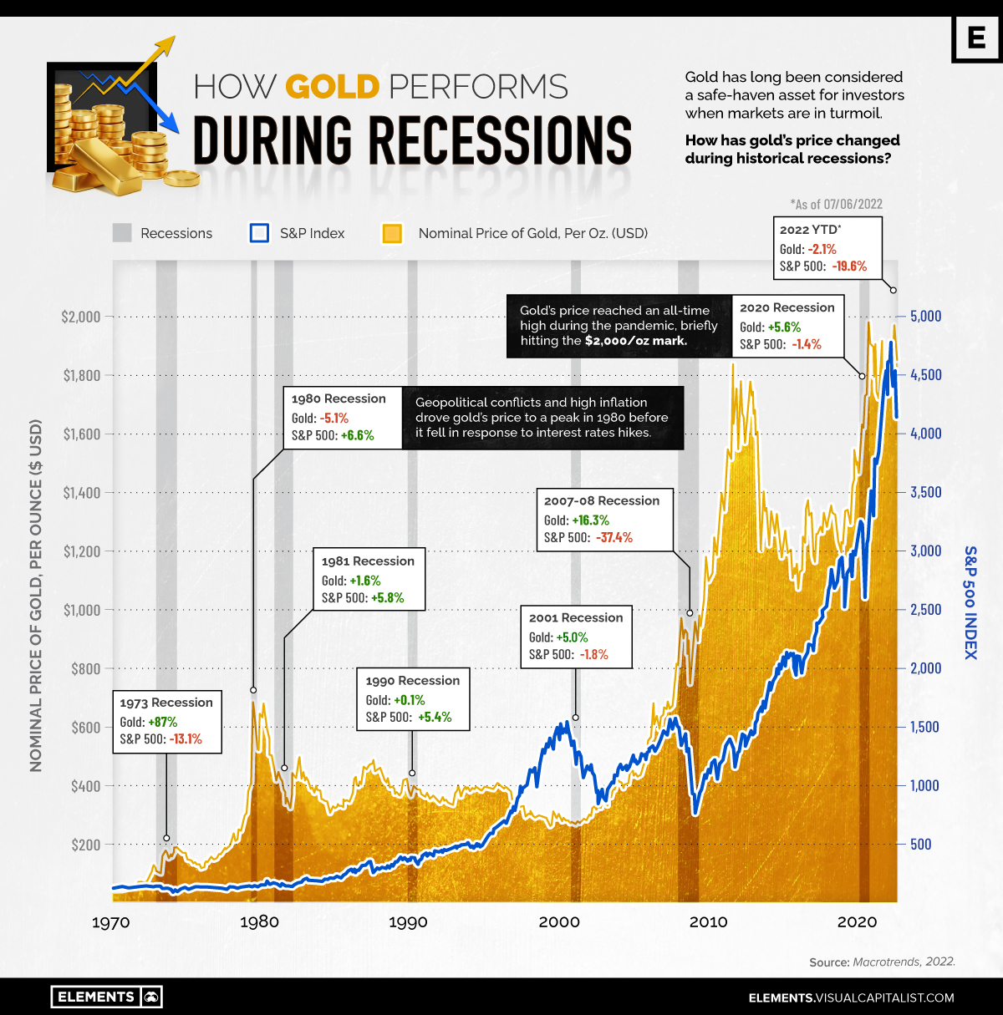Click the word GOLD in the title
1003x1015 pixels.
tap(332, 87)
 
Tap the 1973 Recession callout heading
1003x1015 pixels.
tap(166, 703)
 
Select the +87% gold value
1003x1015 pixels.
tap(163, 722)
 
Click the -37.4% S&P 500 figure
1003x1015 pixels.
tap(614, 537)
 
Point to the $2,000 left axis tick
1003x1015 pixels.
tap(81, 317)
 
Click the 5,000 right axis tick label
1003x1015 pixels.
tap(925, 316)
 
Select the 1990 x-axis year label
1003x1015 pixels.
tap(408, 922)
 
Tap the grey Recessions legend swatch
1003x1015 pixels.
tap(122, 233)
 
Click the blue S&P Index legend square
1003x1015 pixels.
tap(259, 233)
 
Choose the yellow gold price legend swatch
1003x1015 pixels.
tap(392, 233)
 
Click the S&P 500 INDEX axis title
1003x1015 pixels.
tap(970, 602)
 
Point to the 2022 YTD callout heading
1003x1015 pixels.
tap(810, 230)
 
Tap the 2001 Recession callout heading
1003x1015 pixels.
tap(576, 617)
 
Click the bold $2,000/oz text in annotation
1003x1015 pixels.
tap(635, 341)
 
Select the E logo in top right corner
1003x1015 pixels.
tap(976, 38)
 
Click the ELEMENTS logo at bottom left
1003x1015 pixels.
tap(106, 997)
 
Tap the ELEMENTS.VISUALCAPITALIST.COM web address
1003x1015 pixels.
tap(851, 997)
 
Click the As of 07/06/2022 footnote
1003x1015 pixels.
tap(836, 204)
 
